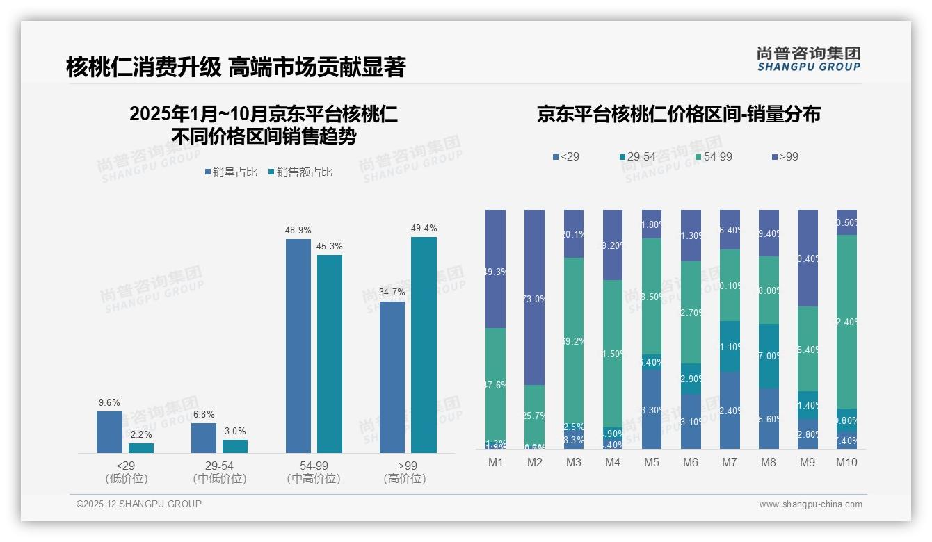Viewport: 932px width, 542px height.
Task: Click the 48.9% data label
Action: pos(298,230)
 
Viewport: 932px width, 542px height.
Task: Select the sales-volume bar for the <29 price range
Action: pos(109,432)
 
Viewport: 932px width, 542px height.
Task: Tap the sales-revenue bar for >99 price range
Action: pos(424,345)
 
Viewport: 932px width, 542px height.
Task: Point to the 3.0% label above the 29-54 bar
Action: pos(235,431)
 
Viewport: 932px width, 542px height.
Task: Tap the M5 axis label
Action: pos(652,462)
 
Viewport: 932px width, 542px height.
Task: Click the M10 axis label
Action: pos(846,462)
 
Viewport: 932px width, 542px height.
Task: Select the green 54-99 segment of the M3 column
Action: pos(573,342)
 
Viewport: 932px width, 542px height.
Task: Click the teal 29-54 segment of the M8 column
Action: pos(769,356)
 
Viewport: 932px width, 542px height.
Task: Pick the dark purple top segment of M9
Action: pos(808,258)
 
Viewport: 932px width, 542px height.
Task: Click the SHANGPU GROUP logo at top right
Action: pos(808,59)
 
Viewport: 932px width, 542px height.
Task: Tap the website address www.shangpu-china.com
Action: pos(810,504)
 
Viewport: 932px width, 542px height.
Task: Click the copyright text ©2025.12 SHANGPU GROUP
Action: pos(139,504)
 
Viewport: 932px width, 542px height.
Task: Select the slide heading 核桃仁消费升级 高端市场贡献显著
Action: pos(236,67)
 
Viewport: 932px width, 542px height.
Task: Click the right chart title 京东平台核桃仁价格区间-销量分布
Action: pos(678,115)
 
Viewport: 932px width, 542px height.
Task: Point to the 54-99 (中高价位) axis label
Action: pos(313,472)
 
